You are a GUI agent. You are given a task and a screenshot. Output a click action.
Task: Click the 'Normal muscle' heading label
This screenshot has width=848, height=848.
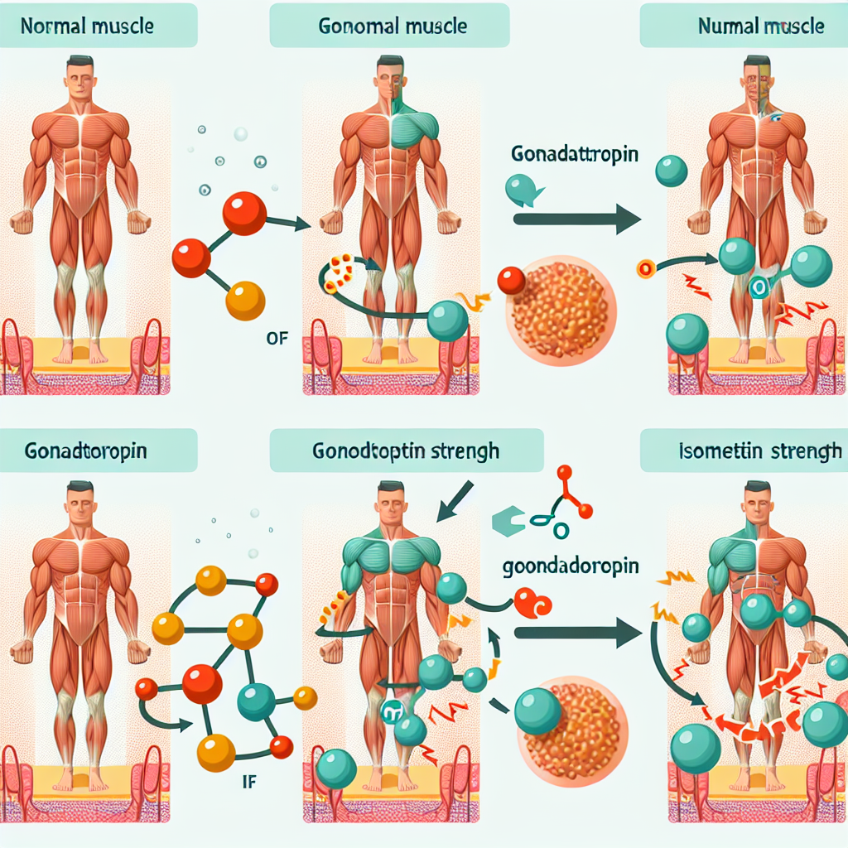point(87,26)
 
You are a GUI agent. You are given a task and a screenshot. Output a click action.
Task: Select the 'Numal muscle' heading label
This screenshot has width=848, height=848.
point(761,26)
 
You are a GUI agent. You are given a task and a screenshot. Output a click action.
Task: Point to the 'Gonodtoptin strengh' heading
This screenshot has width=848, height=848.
point(405,451)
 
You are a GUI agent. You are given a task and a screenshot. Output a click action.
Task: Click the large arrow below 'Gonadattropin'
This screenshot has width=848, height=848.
point(577,219)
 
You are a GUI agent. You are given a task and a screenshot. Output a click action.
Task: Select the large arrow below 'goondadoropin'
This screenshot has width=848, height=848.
point(577,634)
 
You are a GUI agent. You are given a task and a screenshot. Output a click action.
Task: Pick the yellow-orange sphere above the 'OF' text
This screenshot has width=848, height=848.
point(245,301)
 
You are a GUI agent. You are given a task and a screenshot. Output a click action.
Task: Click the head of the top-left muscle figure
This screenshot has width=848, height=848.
point(80,79)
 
